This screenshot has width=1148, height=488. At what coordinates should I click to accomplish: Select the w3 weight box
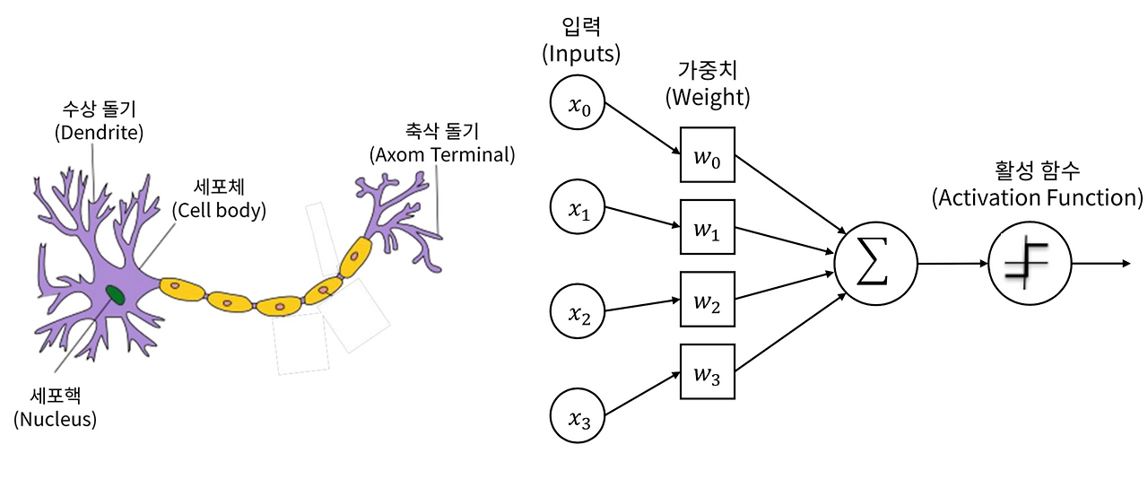pos(708,371)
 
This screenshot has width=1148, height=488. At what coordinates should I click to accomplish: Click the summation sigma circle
pos(875,264)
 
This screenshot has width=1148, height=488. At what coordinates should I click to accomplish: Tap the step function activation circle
pos(1030,264)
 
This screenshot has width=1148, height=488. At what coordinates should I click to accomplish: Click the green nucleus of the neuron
pos(115,293)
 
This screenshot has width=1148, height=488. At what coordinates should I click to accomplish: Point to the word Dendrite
pos(100,133)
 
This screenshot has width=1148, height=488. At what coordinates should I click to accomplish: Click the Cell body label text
pos(219,211)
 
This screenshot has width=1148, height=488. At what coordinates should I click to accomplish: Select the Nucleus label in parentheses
pos(55,418)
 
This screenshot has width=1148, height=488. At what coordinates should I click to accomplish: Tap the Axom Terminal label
pos(442,154)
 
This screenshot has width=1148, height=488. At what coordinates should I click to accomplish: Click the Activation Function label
pos(1038,197)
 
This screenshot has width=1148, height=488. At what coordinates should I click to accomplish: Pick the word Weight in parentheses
pos(708,97)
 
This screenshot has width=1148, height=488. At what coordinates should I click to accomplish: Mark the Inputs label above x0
pos(581,54)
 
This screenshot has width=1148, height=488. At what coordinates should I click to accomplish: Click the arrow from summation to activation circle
pos(952,264)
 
